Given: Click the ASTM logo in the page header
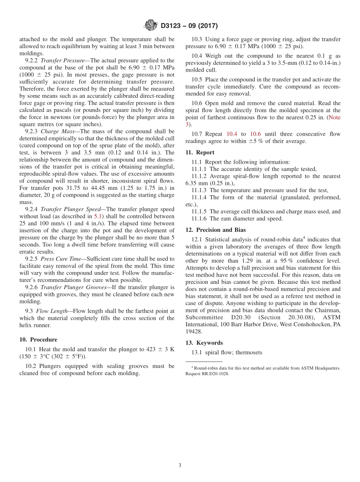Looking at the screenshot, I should click(x=151, y=26).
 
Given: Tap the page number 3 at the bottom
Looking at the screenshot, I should click(x=180, y=465).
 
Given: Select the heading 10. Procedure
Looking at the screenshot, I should click(x=38, y=340).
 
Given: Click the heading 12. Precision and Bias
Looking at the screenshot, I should click(x=216, y=230).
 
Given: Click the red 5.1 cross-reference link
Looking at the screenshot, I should click(x=98, y=216).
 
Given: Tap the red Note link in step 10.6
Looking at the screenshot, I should click(x=334, y=117).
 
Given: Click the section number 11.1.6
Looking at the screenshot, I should click(x=199, y=219).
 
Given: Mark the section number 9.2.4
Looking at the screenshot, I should click(x=31, y=209).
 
